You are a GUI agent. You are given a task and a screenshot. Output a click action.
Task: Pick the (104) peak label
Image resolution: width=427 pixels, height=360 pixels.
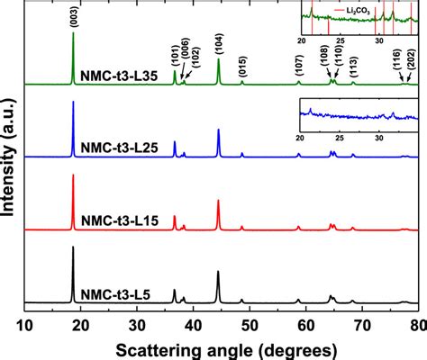[x=219, y=40]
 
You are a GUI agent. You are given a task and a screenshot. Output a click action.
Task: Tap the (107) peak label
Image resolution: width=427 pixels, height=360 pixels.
[x=298, y=64]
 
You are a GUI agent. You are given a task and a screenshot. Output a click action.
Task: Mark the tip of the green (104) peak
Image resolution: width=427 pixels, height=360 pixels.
[x=219, y=58]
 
